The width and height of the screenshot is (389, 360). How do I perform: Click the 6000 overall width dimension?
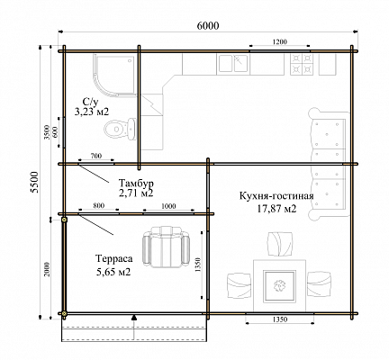coord(208,26)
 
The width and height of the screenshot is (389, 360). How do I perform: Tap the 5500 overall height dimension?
coord(35,182)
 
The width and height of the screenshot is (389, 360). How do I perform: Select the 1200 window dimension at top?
coord(279,41)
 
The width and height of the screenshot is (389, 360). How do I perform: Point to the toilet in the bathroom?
coord(120,129)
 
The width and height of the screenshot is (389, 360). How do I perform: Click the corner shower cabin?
coord(115,76)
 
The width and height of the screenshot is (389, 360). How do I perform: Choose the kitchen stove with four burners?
coord(300,65)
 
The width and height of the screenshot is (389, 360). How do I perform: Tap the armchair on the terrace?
coord(166,247)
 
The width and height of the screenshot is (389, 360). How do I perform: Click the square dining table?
coord(279,286)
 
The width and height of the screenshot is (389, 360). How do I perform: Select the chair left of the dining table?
coord(239,285)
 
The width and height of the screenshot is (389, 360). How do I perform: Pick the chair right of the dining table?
coord(320,283)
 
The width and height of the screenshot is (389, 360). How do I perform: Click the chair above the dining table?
coord(279,244)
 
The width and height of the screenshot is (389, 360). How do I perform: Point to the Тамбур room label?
coord(136,183)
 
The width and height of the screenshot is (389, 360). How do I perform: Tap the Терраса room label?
coord(114,258)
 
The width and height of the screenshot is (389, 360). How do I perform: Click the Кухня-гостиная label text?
coord(276,196)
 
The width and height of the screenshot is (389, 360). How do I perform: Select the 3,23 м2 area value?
coord(92,112)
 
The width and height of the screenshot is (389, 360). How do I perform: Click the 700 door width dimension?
coord(96,156)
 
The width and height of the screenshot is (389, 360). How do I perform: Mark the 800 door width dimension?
coord(98,206)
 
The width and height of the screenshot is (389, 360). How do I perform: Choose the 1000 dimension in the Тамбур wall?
coord(168,206)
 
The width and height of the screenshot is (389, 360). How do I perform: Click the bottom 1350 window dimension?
coord(280,319)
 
